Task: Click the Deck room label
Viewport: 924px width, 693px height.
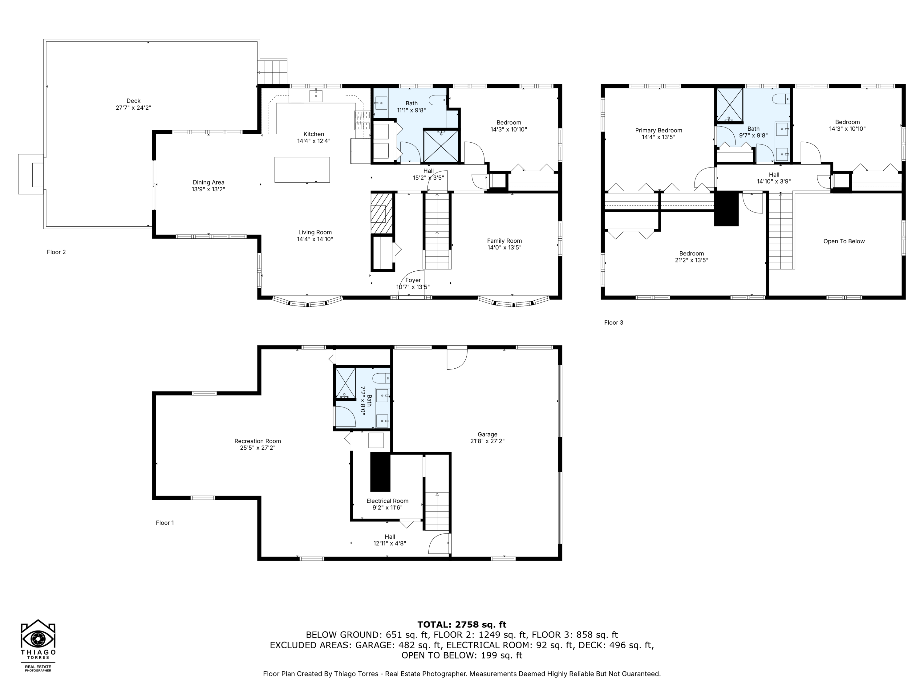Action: pos(133,101)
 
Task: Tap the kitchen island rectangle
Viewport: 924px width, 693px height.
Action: pos(302,170)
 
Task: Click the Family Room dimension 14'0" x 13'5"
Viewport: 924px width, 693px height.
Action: pos(504,247)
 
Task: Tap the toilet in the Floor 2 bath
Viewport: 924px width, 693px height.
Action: pos(439,100)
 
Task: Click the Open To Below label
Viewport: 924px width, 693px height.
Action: pos(844,241)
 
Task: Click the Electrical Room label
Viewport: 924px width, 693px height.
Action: pos(387,501)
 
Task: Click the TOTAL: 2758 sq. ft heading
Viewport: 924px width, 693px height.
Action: pos(462,625)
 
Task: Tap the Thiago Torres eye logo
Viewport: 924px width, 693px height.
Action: pos(38,638)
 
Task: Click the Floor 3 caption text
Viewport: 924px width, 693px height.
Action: pos(613,322)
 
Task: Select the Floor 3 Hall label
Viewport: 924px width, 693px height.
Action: pos(774,175)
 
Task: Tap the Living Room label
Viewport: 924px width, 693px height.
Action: pos(315,232)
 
